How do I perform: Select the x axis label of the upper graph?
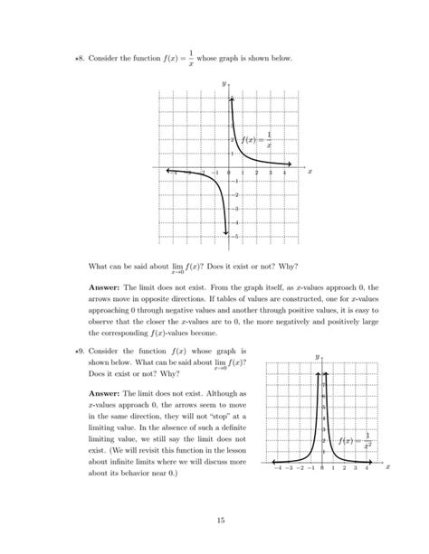310,169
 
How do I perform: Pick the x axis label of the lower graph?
387,468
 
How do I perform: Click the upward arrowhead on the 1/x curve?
232,98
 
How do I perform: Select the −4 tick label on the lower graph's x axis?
277,468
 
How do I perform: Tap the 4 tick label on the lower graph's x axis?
367,468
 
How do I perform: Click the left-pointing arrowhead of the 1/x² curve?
272,459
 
